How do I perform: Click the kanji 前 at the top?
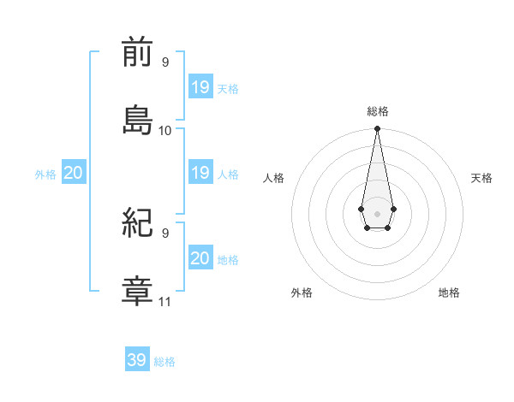click(137, 54)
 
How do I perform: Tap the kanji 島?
click(137, 119)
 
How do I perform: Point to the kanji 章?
click(137, 289)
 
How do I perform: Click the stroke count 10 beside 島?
click(165, 131)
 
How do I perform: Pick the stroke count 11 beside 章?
click(165, 301)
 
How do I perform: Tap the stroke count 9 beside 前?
click(165, 62)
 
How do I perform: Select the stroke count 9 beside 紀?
click(165, 232)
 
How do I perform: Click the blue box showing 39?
click(137, 360)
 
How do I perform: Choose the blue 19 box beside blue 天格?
click(200, 87)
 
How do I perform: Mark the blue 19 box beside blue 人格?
click(200, 174)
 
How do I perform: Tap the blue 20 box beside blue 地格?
click(200, 258)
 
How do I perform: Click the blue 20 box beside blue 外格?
click(74, 174)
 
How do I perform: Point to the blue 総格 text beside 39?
click(164, 362)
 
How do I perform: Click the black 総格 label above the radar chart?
click(378, 111)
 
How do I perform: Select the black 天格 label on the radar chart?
click(481, 178)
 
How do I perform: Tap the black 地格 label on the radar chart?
click(449, 293)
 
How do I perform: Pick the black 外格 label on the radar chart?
click(302, 293)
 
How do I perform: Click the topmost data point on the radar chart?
click(377, 129)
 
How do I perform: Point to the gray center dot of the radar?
click(377, 212)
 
